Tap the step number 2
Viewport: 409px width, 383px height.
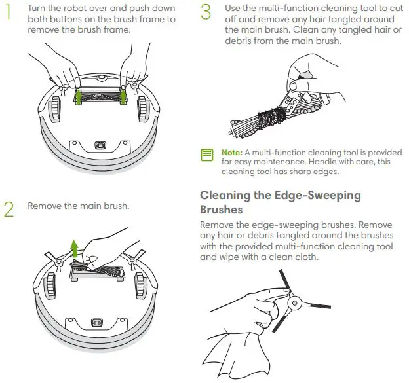point(9,208)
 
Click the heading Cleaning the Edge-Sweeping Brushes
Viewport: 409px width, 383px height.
point(280,202)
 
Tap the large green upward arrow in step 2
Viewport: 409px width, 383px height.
point(74,249)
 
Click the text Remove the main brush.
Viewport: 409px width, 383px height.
point(78,206)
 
